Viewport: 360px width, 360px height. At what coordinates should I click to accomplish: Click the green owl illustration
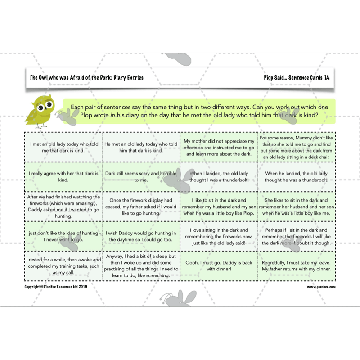[40, 111]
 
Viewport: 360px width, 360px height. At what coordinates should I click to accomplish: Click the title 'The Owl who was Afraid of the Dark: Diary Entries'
[86, 78]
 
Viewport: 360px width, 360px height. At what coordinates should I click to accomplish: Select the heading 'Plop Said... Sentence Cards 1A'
[297, 78]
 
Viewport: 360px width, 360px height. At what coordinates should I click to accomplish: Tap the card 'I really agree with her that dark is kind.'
[63, 176]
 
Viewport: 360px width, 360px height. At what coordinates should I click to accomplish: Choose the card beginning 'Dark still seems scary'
[141, 176]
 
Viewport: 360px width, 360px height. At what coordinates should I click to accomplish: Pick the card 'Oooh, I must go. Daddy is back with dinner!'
[219, 265]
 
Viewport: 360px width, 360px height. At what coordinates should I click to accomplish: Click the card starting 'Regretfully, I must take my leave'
[297, 265]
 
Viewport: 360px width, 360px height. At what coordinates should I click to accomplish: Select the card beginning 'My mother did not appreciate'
[219, 147]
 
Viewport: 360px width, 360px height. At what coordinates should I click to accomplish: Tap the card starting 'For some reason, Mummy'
[297, 147]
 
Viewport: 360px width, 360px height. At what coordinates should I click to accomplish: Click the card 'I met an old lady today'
[63, 147]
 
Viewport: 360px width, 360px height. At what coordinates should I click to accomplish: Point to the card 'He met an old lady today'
[141, 147]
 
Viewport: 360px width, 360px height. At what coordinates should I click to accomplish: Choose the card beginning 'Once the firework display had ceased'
[141, 206]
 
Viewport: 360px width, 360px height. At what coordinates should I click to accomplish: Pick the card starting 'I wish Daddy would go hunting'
[141, 236]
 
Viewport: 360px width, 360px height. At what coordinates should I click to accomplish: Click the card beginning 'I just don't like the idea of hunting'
[63, 236]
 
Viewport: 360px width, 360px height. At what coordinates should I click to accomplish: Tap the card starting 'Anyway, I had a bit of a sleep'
[141, 265]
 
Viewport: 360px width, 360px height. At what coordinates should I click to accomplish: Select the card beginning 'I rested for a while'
[63, 265]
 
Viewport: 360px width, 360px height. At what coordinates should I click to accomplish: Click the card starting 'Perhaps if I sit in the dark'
[297, 236]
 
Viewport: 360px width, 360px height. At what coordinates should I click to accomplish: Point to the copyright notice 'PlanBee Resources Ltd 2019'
[57, 286]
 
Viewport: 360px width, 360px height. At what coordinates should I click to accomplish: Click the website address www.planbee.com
[321, 286]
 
